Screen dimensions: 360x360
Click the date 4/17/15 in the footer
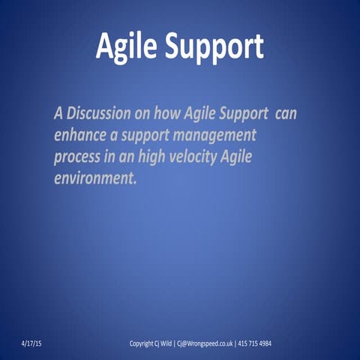[x=31, y=343]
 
